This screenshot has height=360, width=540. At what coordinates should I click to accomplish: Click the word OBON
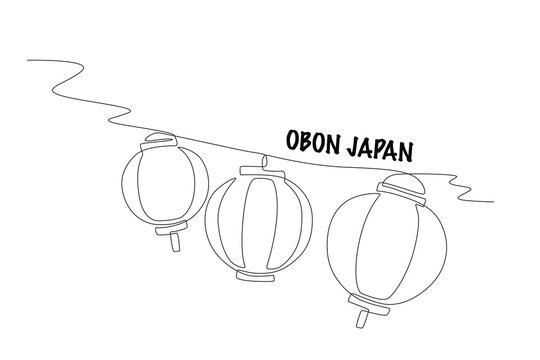[x=314, y=142]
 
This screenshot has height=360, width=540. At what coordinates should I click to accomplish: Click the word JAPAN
[x=380, y=150]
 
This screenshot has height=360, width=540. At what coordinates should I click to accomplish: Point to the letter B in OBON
[x=306, y=141]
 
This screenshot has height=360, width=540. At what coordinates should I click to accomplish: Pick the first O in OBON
[x=292, y=140]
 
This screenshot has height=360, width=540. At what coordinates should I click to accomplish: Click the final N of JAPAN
[x=406, y=152]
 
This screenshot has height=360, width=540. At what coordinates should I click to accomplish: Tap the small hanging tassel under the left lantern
[x=175, y=242]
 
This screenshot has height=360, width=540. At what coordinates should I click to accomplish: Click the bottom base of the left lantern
[x=171, y=228]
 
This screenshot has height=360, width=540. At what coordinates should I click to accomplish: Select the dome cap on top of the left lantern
[x=161, y=136]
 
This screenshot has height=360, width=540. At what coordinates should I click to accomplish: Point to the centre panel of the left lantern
[x=166, y=184]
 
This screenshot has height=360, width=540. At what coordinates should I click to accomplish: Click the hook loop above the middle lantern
[x=265, y=163]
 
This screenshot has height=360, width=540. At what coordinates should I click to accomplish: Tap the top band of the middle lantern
[x=263, y=172]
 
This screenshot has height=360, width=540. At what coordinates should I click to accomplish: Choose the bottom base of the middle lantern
[x=256, y=276]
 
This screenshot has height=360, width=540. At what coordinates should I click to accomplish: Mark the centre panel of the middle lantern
[x=260, y=223]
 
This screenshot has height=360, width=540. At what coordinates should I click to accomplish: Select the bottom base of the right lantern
[x=369, y=304]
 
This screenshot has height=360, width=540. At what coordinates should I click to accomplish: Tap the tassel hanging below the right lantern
[x=362, y=319]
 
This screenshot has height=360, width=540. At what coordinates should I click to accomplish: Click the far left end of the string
[x=28, y=60]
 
